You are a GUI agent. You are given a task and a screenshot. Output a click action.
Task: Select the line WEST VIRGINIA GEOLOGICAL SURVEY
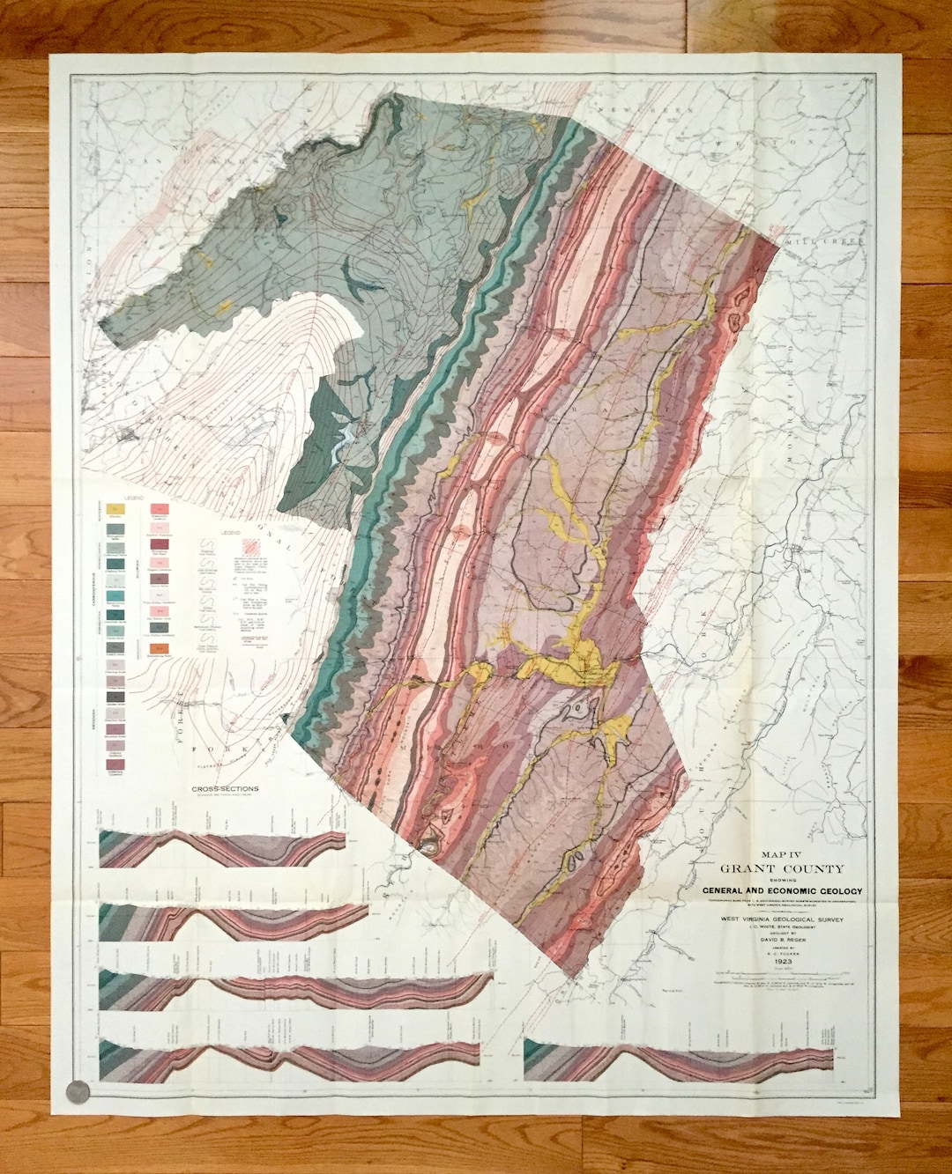tap(782, 919)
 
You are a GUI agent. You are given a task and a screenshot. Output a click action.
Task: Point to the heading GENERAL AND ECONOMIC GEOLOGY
tap(782, 891)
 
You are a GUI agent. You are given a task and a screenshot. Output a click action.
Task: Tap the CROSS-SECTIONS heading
tap(226, 788)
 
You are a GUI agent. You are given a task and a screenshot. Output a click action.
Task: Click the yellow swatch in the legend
tap(115, 509)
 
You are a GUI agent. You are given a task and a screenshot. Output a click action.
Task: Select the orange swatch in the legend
tap(160, 648)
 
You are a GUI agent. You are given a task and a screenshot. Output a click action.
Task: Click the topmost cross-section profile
tap(222, 847)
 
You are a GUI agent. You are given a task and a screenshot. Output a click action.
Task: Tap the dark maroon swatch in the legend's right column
tap(160, 545)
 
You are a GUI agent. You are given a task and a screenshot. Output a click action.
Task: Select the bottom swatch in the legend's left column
tap(115, 765)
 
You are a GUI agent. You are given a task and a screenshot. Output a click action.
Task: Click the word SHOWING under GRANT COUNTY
tap(782, 880)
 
